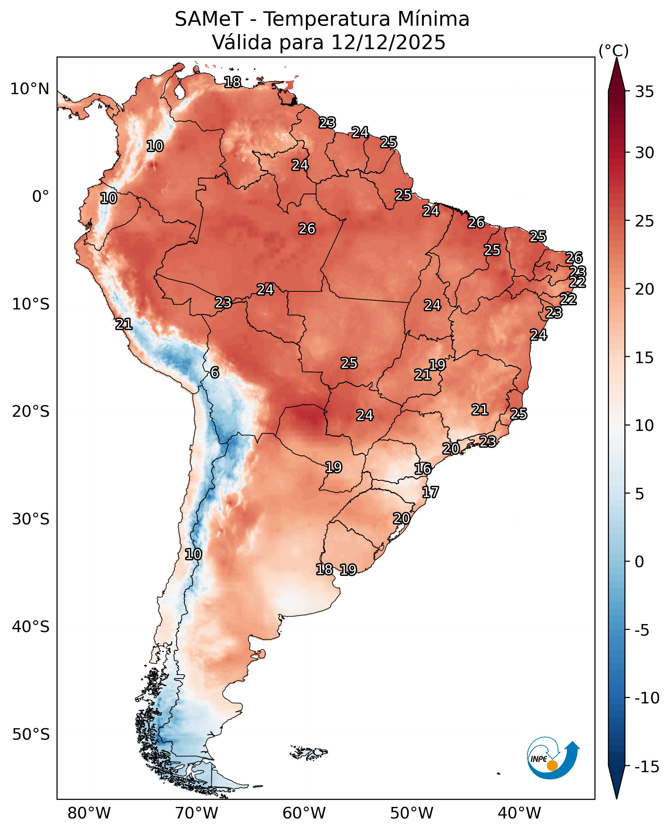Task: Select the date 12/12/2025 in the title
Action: coord(388,42)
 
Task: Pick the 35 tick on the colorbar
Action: coord(645,92)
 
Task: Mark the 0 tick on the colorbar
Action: coord(639,562)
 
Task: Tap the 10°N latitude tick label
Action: coord(30,89)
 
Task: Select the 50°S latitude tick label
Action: coord(31,734)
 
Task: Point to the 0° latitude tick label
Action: coord(40,196)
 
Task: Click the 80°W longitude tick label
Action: coord(89,813)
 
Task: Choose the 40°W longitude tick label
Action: coord(519,813)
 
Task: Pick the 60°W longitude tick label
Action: coord(304,813)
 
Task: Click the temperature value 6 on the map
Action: coord(215,372)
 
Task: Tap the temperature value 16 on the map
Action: coord(422,469)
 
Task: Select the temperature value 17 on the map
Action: coord(430,492)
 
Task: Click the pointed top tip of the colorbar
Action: coord(616,59)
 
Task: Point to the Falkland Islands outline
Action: coord(309,752)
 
